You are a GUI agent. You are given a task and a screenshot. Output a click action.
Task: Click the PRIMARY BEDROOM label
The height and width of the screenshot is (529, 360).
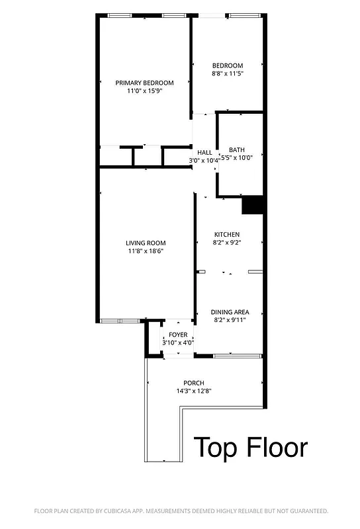click(x=144, y=83)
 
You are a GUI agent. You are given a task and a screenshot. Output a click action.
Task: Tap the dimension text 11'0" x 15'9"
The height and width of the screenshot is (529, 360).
click(x=144, y=91)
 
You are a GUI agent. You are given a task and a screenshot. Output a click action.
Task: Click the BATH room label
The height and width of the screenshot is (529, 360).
click(x=236, y=149)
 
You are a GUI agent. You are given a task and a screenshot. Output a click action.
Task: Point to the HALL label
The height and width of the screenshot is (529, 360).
click(x=204, y=152)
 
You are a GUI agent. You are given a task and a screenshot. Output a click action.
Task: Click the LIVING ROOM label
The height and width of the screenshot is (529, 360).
click(x=146, y=243)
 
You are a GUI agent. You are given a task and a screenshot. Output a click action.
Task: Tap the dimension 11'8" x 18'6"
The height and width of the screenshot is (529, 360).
click(x=146, y=251)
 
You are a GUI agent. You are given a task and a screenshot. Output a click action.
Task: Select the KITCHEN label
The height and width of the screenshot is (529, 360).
click(x=226, y=235)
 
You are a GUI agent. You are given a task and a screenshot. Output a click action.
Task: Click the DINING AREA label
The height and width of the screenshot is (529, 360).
click(x=230, y=312)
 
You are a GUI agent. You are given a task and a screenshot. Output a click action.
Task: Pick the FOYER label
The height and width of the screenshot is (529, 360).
click(x=179, y=335)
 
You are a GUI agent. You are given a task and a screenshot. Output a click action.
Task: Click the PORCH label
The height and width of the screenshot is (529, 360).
click(x=194, y=383)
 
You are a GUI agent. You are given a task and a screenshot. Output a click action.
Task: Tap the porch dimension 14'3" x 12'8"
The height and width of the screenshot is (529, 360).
click(x=194, y=391)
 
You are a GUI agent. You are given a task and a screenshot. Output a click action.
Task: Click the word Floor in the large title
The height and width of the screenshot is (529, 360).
click(x=278, y=448)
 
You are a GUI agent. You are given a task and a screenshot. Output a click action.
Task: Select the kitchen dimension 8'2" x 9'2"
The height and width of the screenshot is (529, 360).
click(x=226, y=243)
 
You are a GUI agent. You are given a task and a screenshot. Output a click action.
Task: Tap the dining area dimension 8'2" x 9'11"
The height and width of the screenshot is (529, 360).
click(x=230, y=321)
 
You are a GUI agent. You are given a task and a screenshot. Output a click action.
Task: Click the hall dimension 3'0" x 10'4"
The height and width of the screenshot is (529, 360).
click(x=204, y=161)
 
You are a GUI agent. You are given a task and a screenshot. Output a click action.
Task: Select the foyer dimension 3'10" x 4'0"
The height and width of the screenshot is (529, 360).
click(x=179, y=343)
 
